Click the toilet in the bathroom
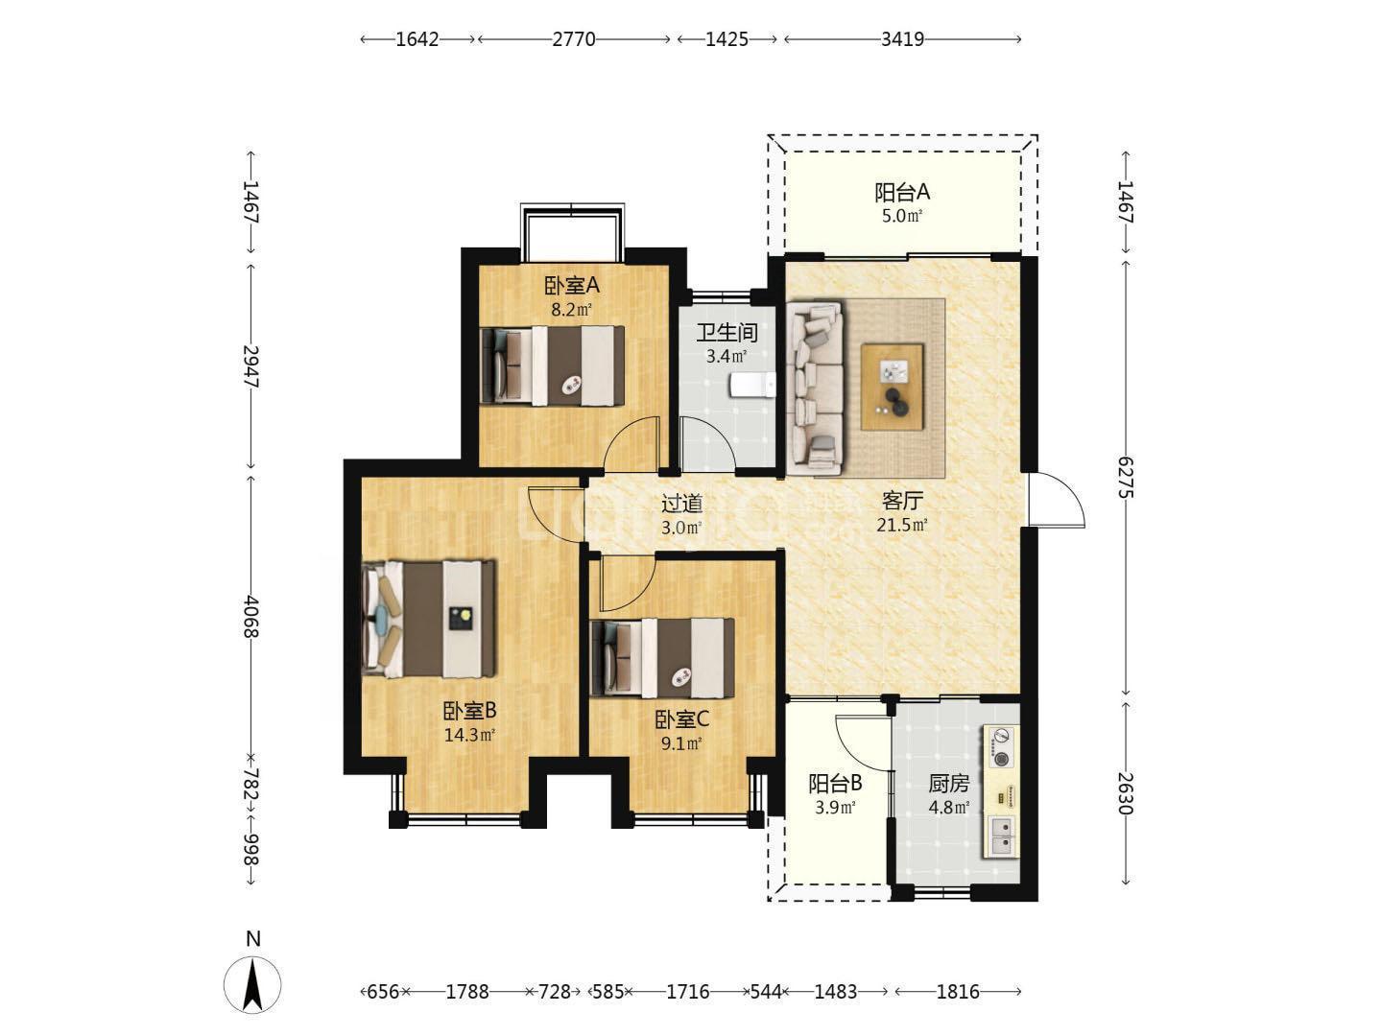[753, 385]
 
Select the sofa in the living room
[815, 388]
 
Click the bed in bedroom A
[552, 365]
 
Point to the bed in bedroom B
[429, 619]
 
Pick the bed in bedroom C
[662, 658]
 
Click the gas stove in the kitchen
[1000, 747]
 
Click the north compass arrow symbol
[252, 985]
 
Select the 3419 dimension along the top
[902, 39]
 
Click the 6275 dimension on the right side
[1125, 478]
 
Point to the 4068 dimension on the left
[251, 617]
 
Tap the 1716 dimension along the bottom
[688, 992]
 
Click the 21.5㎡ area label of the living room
[902, 525]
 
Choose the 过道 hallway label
[681, 504]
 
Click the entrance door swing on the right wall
[1057, 499]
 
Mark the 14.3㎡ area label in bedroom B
[470, 735]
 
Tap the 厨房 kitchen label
[949, 784]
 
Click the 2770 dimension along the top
[574, 39]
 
